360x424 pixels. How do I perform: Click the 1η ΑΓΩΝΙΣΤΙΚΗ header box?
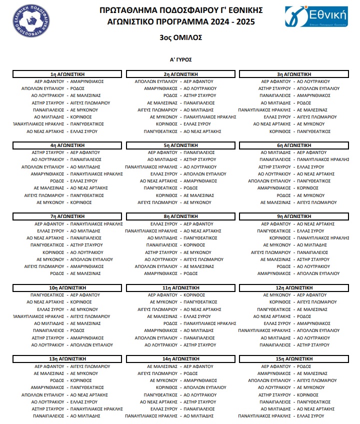67,74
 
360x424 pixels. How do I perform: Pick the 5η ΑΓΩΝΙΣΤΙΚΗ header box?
180,145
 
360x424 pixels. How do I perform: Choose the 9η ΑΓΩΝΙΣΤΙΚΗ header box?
293,216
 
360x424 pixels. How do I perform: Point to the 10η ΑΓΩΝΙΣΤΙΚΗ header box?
67,288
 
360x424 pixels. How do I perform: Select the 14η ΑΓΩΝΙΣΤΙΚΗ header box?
180,359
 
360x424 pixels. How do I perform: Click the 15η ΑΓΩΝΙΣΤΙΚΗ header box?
293,359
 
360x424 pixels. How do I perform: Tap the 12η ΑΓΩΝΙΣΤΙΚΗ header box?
293,288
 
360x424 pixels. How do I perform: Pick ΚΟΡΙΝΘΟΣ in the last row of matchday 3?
280,131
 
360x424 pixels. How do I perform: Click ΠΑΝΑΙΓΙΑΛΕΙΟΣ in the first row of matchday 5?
199,152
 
